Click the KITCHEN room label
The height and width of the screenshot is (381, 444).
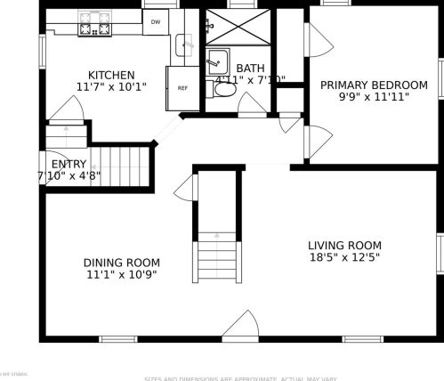tap(111, 75)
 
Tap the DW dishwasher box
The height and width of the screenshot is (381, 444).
tap(156, 21)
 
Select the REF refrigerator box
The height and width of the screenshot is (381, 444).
tap(182, 88)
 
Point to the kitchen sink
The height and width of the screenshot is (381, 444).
tap(184, 42)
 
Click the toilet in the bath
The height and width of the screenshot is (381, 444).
tap(225, 89)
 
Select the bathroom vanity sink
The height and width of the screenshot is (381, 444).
tap(215, 63)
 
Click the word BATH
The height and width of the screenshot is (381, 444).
tap(250, 68)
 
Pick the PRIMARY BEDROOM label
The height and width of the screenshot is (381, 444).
tap(374, 85)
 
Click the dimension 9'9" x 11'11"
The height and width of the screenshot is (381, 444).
tap(374, 97)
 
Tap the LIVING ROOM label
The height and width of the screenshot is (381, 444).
tap(344, 246)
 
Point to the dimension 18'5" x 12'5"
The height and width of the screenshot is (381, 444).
tap(344, 258)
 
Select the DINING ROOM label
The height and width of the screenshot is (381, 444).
tap(122, 263)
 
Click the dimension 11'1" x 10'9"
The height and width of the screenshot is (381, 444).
tap(122, 275)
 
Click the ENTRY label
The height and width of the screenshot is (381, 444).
tap(69, 165)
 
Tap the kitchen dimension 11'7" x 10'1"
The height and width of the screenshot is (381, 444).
tap(111, 87)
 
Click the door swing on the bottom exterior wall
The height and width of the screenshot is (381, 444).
tap(240, 327)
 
